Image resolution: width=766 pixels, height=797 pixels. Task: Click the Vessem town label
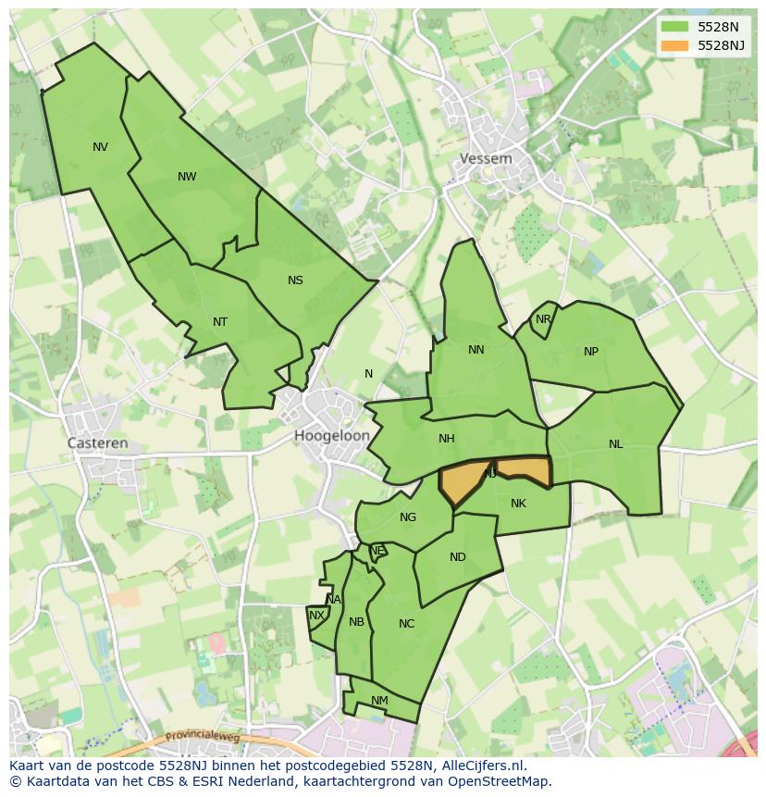coord(486,158)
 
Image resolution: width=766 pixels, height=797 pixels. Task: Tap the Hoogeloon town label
coord(332,435)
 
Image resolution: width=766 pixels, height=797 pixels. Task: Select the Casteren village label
coord(97,443)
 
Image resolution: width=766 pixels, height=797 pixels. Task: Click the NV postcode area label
coord(100,147)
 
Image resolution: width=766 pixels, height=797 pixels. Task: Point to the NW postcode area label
coord(187,177)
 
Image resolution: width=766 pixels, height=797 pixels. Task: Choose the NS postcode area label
coord(295,280)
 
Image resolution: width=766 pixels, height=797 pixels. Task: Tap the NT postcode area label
coord(220,322)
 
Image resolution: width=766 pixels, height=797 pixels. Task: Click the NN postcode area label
coord(476,350)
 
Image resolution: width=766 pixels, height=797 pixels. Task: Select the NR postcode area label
coord(543,320)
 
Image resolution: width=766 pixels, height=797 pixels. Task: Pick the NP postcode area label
coord(591,352)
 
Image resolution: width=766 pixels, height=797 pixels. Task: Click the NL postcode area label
coord(616,444)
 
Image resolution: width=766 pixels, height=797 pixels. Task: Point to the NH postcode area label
coord(447,439)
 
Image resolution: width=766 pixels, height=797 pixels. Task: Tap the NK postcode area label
coord(518,504)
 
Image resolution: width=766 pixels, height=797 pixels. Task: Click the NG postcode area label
coord(408,517)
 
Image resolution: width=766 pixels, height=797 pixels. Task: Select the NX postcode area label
coord(316,616)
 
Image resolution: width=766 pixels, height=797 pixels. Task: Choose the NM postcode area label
coord(379,701)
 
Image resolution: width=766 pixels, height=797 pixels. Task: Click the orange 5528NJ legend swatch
coord(674,45)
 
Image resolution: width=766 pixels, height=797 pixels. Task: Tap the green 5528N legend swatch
coord(674,27)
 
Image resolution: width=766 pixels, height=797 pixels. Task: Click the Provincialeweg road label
coord(203,737)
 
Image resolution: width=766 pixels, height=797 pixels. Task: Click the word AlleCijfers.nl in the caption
coord(482,766)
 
